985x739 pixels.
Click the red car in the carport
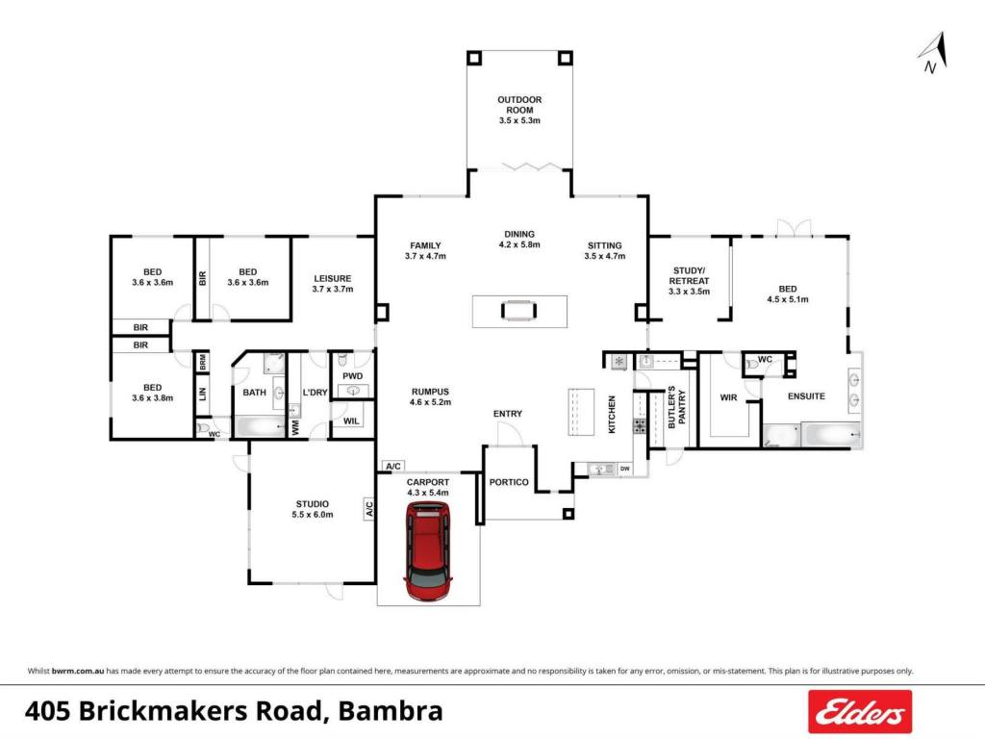[x=428, y=551]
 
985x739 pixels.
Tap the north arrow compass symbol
[x=933, y=53]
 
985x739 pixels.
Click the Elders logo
[x=859, y=711]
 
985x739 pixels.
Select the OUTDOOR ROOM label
[x=519, y=105]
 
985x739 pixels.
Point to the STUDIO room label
[x=313, y=504]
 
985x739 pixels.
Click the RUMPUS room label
[x=430, y=392]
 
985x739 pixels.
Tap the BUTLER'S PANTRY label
[x=676, y=407]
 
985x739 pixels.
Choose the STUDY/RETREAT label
[x=689, y=275]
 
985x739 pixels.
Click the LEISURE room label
[x=332, y=278]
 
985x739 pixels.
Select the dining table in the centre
[x=519, y=311]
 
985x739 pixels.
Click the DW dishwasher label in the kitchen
[x=624, y=469]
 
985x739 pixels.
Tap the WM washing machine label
[x=295, y=428]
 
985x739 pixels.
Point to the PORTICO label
[x=509, y=482]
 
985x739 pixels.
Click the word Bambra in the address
[x=391, y=711]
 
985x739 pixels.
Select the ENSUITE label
[x=806, y=395]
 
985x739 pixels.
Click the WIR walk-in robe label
[x=729, y=397]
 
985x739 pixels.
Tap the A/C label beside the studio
[x=369, y=508]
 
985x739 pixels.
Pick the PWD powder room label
[x=352, y=376]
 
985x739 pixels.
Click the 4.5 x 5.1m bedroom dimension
[x=788, y=299]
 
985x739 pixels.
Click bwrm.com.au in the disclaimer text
[x=78, y=671]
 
